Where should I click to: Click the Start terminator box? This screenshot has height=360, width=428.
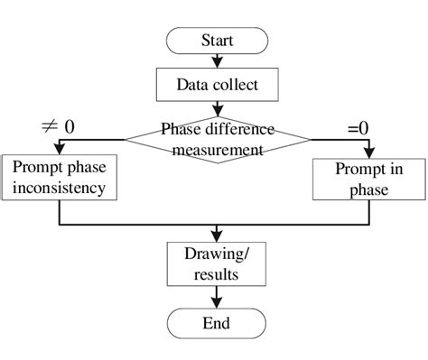tap(217, 41)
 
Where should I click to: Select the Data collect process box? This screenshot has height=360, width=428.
tap(217, 87)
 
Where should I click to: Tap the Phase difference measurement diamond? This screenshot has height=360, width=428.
tap(217, 139)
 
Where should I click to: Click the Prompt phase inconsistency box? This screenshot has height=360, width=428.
tap(59, 177)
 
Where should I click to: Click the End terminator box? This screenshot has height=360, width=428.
tap(217, 322)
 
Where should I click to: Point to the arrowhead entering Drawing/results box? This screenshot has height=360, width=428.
tap(217, 236)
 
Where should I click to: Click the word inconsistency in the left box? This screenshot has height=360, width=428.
tap(59, 188)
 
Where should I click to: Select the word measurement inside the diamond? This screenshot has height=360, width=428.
tap(217, 150)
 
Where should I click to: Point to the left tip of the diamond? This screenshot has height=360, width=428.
tap(126, 139)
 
